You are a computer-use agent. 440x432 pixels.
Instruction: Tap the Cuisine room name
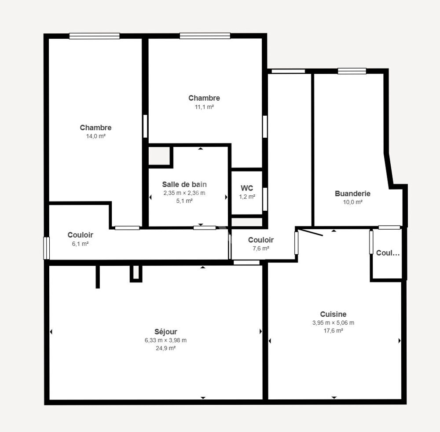(333, 314)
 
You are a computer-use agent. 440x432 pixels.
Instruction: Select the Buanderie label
(352, 194)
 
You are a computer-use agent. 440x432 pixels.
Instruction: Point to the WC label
(247, 188)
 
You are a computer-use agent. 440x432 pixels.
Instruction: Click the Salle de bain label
(184, 185)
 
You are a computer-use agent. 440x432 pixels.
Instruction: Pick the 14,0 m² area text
(95, 136)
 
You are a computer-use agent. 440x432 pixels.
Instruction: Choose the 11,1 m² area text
(204, 107)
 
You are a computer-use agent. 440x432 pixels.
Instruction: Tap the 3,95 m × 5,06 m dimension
(333, 322)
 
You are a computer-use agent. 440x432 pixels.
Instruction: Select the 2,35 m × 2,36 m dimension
(184, 193)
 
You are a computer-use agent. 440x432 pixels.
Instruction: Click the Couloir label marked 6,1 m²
(80, 235)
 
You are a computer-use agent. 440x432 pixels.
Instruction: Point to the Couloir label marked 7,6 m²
(260, 240)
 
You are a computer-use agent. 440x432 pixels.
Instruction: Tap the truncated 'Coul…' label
(388, 253)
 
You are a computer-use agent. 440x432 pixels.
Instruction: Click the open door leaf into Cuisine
(311, 232)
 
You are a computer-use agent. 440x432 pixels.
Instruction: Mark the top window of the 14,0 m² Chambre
(95, 37)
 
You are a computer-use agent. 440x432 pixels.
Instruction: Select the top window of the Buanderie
(352, 71)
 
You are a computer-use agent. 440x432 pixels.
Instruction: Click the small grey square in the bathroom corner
(159, 156)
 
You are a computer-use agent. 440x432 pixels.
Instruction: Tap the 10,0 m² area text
(352, 202)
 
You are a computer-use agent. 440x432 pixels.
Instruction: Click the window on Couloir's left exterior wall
(46, 248)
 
